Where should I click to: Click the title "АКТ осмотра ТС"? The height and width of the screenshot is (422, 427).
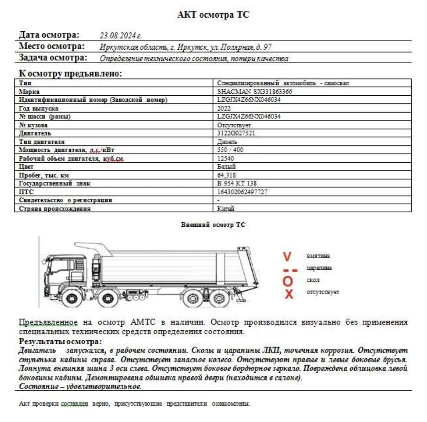(x=213, y=15)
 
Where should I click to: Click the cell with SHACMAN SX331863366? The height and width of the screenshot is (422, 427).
(x=255, y=91)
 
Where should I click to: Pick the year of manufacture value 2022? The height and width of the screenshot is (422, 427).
(x=224, y=108)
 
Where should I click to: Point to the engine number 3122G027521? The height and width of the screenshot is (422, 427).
(x=237, y=133)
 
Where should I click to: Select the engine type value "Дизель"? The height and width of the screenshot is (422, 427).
(x=227, y=142)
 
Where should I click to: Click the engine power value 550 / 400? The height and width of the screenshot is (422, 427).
(x=230, y=150)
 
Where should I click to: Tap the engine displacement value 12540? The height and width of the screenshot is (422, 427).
(x=226, y=159)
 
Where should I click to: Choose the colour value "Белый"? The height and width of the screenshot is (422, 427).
(x=226, y=167)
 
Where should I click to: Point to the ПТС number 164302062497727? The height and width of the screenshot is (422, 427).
(x=242, y=192)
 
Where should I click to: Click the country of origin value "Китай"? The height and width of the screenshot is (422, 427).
(x=226, y=209)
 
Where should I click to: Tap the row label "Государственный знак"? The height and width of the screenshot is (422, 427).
(x=55, y=183)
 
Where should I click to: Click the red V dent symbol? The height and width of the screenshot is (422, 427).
(x=287, y=257)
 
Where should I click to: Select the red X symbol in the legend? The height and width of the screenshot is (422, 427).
(x=288, y=294)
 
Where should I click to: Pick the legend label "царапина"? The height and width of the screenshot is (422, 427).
(x=319, y=268)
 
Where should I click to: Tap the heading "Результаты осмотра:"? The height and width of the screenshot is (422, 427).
(x=60, y=342)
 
